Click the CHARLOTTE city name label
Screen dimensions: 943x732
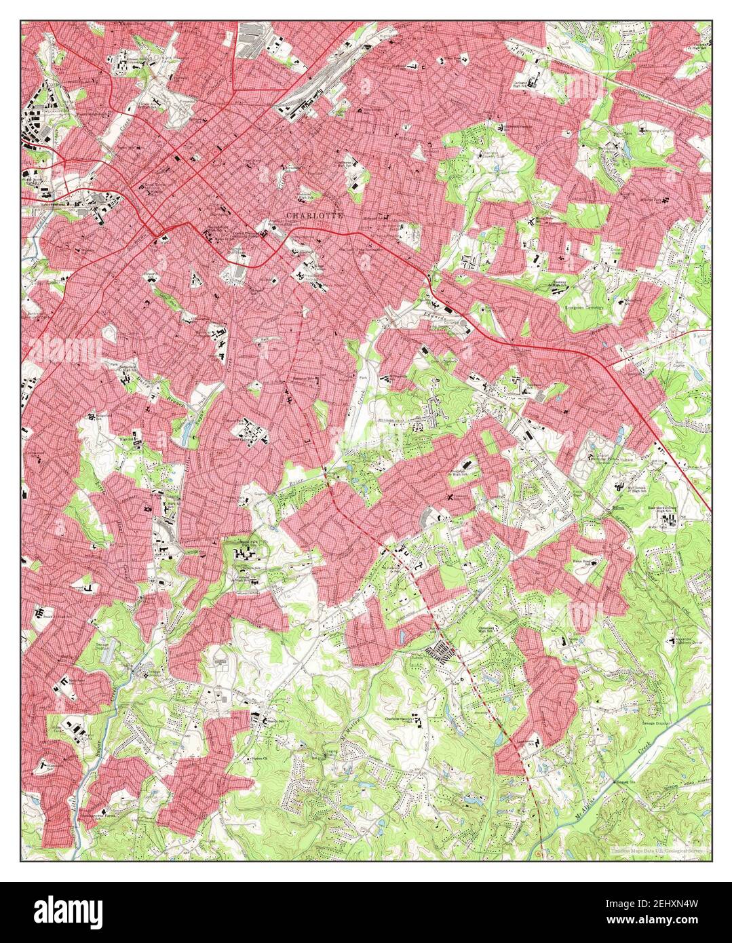pyautogui.click(x=315, y=215)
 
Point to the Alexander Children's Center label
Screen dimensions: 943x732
pyautogui.click(x=686, y=641)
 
